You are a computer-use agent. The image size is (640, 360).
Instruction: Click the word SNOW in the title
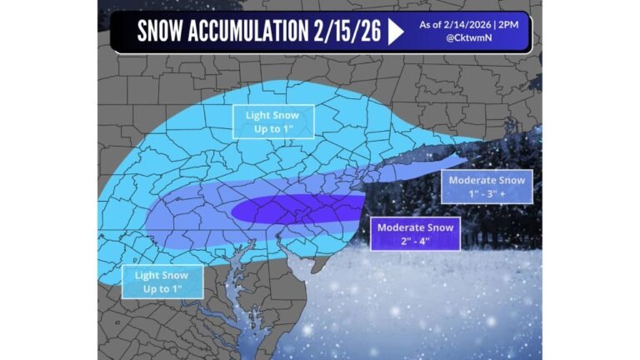point(162,32)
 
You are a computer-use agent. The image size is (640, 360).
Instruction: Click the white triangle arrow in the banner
point(396,32)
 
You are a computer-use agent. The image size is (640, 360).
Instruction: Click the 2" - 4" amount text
point(414,241)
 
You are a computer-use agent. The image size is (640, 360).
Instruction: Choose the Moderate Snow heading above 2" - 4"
point(414,227)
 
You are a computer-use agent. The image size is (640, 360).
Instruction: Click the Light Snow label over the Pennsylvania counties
point(274,115)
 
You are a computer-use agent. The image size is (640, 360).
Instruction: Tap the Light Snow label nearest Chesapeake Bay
point(162,275)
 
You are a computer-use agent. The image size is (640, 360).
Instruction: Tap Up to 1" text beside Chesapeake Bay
point(162,288)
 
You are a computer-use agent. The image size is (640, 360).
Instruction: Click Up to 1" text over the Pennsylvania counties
point(274,128)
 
